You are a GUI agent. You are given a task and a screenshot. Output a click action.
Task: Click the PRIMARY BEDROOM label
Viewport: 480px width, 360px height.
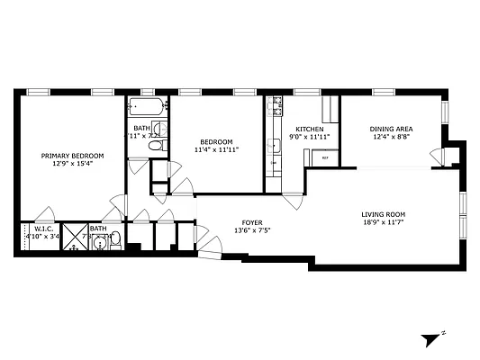point(72,156)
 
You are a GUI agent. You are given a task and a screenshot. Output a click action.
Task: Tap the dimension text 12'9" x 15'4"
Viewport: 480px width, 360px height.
point(72,164)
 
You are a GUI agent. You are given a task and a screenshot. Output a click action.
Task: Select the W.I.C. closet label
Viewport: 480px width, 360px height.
point(44,229)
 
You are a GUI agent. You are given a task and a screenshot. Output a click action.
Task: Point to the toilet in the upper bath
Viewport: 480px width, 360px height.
point(157,146)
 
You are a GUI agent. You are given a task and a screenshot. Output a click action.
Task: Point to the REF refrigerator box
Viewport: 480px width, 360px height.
point(323,157)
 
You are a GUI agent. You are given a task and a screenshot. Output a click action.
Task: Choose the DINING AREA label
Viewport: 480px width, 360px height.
point(390,130)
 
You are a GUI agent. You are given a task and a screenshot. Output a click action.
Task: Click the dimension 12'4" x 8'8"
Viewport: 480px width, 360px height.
point(390,138)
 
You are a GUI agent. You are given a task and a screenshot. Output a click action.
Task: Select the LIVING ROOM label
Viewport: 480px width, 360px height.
point(384,213)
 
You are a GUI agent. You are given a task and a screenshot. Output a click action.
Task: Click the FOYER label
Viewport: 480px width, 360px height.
point(252,221)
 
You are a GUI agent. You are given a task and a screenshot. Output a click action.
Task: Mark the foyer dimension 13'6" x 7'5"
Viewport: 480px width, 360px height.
point(252,229)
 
